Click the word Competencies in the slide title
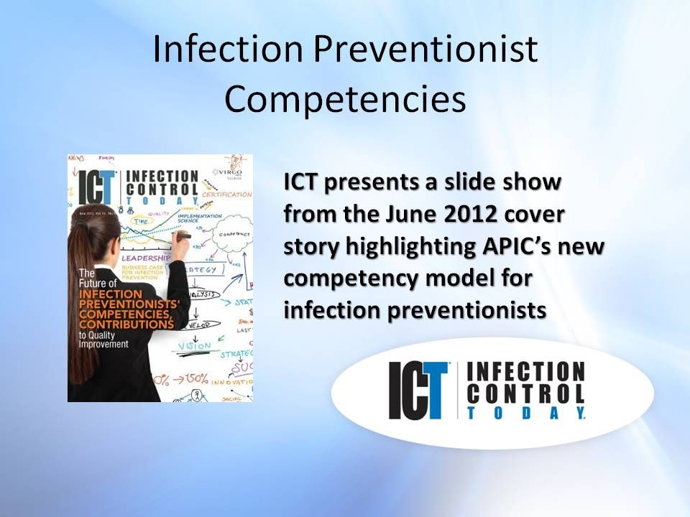point(345,99)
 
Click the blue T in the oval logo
point(434,391)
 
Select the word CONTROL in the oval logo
point(525,393)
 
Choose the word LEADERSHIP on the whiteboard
point(146,257)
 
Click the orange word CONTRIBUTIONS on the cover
point(126,325)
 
